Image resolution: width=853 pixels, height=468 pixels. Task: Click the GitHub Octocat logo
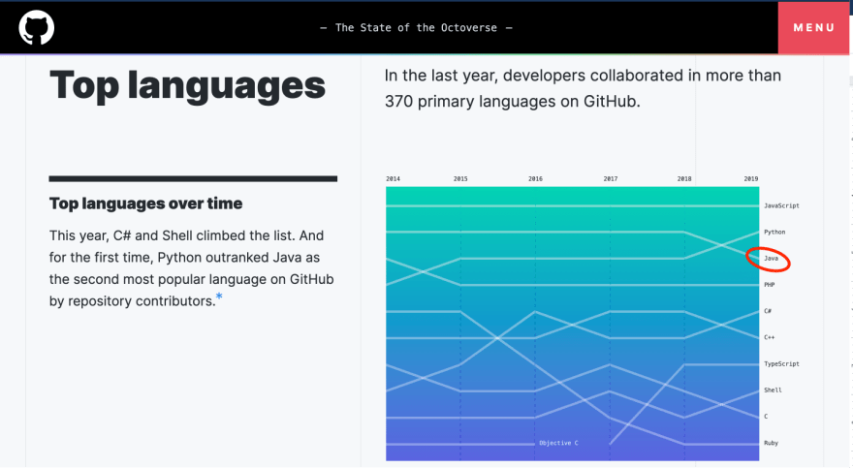click(x=37, y=28)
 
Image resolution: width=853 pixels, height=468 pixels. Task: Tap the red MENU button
click(x=813, y=28)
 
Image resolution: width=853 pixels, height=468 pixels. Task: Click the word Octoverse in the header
click(x=469, y=28)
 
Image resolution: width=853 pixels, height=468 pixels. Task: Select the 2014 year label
click(x=393, y=179)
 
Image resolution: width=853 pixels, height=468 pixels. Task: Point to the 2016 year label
click(x=535, y=179)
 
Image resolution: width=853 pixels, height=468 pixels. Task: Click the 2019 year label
click(x=751, y=179)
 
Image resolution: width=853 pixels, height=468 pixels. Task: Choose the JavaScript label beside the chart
click(x=781, y=206)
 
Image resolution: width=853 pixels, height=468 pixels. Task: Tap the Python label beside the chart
click(x=774, y=233)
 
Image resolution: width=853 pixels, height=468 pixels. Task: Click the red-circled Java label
click(x=771, y=258)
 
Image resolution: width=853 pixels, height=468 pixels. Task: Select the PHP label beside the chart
click(x=770, y=285)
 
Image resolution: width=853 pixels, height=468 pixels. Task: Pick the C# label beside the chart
click(x=768, y=311)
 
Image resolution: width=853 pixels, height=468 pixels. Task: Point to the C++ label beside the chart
click(x=770, y=337)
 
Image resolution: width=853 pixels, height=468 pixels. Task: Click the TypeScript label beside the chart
click(x=781, y=364)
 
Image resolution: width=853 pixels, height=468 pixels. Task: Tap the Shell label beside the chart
click(x=774, y=390)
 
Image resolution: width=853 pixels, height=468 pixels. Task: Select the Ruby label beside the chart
click(x=771, y=443)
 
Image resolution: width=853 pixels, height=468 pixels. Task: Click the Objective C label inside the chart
click(x=558, y=443)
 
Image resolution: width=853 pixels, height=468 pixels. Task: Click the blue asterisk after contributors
click(x=219, y=296)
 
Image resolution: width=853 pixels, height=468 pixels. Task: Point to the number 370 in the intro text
click(x=398, y=102)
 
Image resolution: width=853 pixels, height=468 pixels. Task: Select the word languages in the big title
click(x=226, y=86)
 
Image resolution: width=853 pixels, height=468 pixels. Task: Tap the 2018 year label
click(x=684, y=179)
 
